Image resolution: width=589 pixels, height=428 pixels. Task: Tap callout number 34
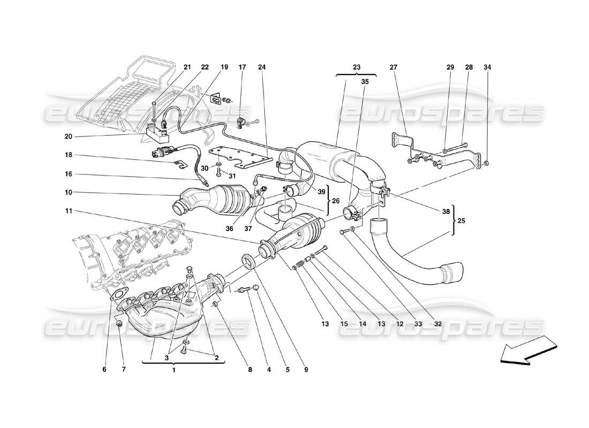(x=487, y=67)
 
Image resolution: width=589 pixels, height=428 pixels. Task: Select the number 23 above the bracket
(x=357, y=67)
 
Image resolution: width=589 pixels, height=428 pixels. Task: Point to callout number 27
(x=394, y=67)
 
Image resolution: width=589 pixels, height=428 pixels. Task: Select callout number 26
(x=335, y=202)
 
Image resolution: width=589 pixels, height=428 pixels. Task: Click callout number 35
(x=365, y=82)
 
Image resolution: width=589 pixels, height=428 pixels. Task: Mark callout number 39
(x=321, y=192)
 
